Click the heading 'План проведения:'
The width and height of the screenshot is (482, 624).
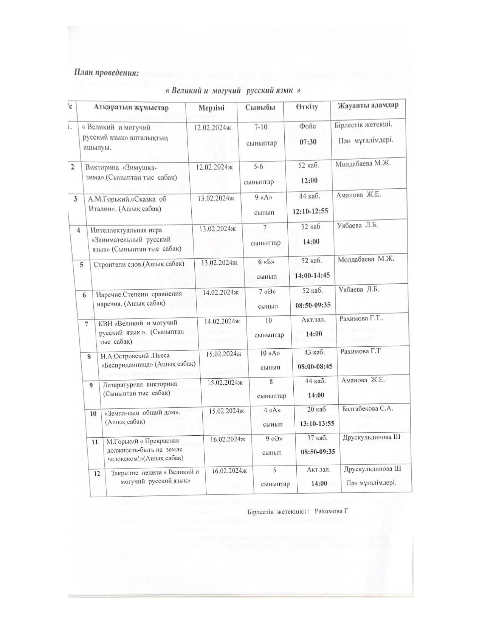pos(107,72)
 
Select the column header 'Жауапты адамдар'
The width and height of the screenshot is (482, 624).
pos(368,106)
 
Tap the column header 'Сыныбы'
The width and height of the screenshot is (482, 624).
pos(260,107)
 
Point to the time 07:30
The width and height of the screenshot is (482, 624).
pos(308,142)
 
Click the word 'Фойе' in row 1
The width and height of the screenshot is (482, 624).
pos(307,126)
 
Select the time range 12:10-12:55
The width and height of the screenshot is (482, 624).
pos(310,211)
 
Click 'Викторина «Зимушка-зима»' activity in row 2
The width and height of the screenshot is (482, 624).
pos(131,172)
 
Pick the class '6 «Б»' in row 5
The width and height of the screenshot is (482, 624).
pos(265,261)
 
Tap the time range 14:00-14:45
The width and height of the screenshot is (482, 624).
pos(312,276)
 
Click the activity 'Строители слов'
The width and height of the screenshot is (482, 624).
pos(139,264)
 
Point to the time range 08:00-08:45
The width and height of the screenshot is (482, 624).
pos(315,366)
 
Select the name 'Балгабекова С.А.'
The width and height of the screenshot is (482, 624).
pos(367,408)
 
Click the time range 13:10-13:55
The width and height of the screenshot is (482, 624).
pos(317,424)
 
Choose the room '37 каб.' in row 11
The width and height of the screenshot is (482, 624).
pos(317,438)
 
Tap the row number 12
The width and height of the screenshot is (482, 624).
pos(97,473)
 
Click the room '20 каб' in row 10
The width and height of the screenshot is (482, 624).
pos(316,409)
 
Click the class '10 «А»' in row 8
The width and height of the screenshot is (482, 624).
pos(270,353)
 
